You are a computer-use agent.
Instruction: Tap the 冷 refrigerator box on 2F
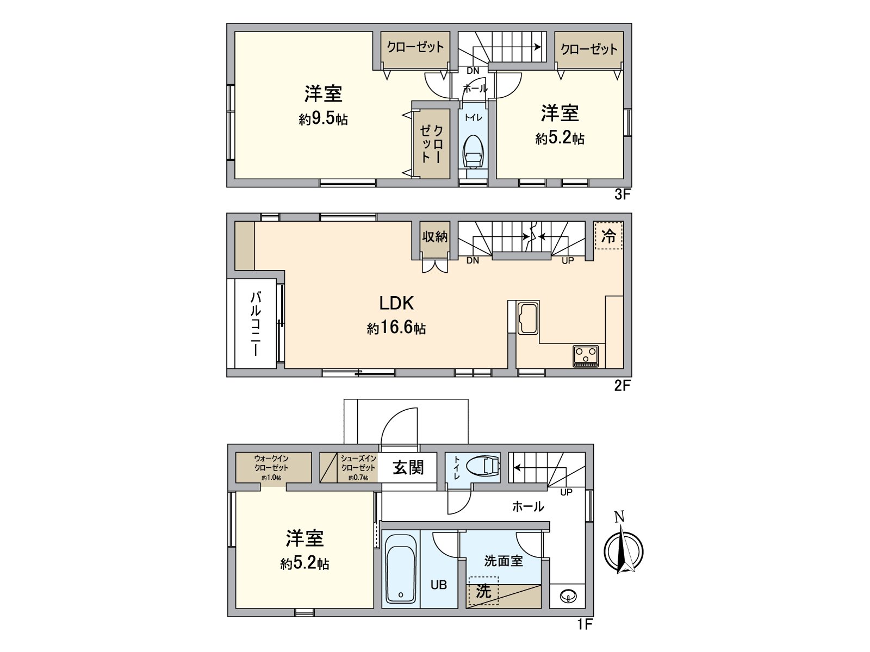(608, 236)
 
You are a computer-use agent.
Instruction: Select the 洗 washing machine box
(483, 591)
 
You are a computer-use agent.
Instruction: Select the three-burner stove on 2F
(586, 356)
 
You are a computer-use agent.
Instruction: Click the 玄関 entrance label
(408, 467)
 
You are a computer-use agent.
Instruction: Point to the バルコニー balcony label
(256, 324)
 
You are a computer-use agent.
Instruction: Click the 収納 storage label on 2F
(435, 236)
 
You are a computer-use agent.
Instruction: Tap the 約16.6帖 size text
(396, 328)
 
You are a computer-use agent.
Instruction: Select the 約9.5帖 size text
(323, 119)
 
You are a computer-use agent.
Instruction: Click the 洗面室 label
(503, 561)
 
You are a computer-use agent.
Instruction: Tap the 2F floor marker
(622, 386)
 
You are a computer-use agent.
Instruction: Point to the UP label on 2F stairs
(568, 261)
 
